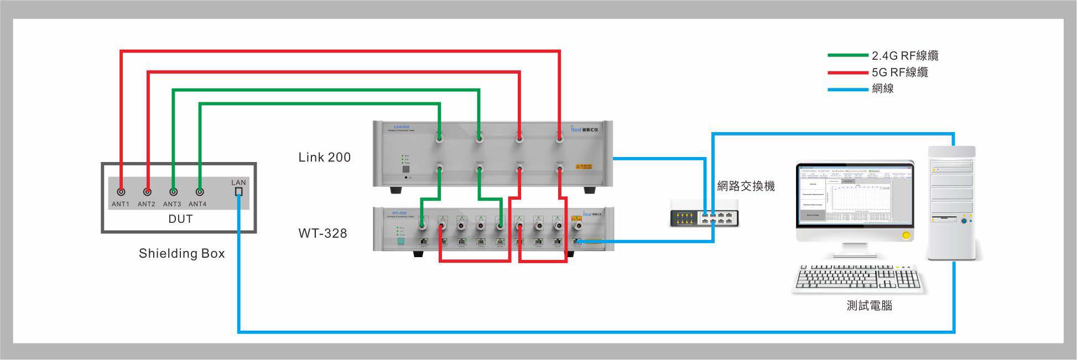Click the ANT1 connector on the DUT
pos(121,192)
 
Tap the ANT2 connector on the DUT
pos(147,192)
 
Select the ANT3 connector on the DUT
pos(173,192)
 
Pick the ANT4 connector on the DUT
pos(200,192)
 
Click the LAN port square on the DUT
pos(238,192)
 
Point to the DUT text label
pos(180,219)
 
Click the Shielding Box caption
pos(181,253)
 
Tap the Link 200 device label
pos(324,158)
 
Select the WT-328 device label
pos(322,233)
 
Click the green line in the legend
pos(847,55)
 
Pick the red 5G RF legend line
pos(847,72)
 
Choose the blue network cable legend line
pos(847,89)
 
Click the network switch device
pos(704,214)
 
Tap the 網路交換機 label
pos(746,186)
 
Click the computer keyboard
pos(859,278)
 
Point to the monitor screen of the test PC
pos(855,195)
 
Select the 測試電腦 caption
pos(869,306)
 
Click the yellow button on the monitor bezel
pos(906,236)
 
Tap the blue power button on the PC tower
pos(965,221)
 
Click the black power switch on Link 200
pos(405,169)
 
